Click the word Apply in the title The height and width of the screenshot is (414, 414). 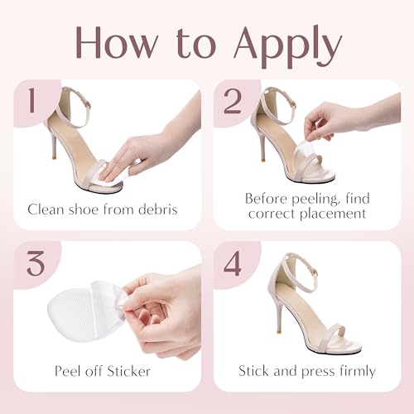(x=288, y=46)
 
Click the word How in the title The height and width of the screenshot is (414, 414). (x=117, y=43)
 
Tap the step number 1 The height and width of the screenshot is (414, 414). (x=32, y=100)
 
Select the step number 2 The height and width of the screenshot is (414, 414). (x=233, y=101)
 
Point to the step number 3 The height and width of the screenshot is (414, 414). (x=36, y=263)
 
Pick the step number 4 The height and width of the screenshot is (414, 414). (x=233, y=263)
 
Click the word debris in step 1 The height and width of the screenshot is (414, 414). (x=157, y=209)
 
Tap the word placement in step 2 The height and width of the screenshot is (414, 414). (x=333, y=214)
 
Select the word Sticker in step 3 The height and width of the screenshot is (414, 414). (x=128, y=371)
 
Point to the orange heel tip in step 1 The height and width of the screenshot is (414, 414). (x=54, y=159)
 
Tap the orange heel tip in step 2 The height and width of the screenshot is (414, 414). (x=262, y=160)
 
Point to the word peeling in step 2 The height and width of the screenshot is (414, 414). (x=314, y=200)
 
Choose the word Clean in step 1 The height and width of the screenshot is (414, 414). (x=46, y=209)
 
